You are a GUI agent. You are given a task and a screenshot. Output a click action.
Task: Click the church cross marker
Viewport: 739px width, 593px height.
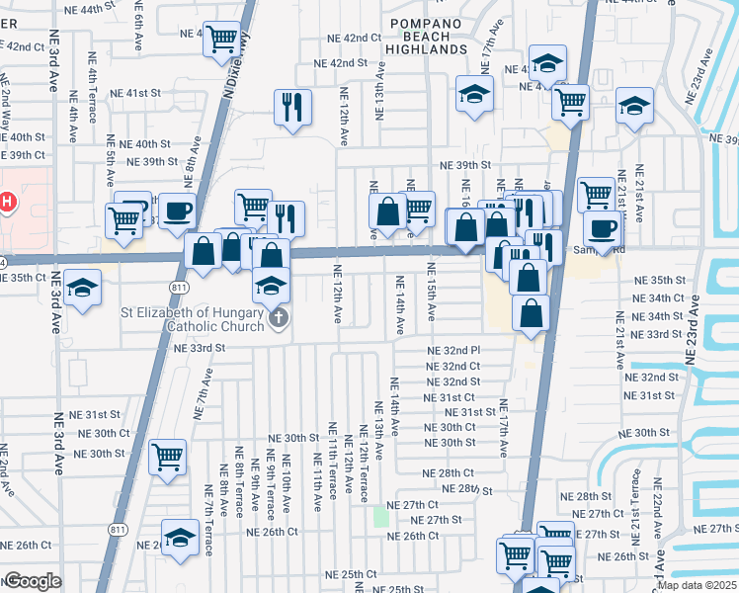pyautogui.click(x=279, y=318)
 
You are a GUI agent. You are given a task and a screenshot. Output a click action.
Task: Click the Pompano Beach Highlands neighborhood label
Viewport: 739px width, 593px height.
pyautogui.click(x=428, y=36)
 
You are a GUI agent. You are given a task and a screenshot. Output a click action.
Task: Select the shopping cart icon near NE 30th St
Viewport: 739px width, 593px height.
pyautogui.click(x=168, y=457)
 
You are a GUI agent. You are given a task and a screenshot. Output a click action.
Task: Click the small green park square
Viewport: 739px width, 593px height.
pyautogui.click(x=381, y=516)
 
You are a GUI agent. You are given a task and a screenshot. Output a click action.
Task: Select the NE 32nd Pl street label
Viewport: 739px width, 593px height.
pyautogui.click(x=453, y=351)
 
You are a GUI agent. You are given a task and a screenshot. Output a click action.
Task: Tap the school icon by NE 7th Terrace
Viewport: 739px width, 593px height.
pyautogui.click(x=180, y=538)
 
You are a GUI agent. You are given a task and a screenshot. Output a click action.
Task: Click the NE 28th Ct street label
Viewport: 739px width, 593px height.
pyautogui.click(x=451, y=474)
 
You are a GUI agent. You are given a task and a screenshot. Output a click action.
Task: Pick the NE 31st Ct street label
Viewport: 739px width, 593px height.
pyautogui.click(x=450, y=397)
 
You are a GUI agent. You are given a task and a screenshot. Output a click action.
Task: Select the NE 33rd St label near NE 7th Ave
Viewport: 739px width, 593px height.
pyautogui.click(x=200, y=348)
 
